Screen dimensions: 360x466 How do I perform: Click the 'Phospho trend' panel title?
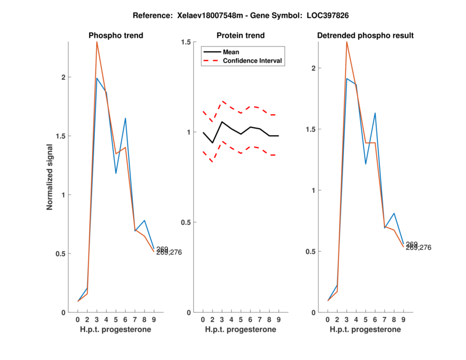pos(116,36)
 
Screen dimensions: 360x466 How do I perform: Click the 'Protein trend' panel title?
pos(240,36)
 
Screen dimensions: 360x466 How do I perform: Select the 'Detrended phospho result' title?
pos(365,36)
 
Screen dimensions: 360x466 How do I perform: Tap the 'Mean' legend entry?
pos(231,52)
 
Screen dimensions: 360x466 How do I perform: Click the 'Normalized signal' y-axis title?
pos(51,177)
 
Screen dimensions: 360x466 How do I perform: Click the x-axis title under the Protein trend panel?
pos(240,330)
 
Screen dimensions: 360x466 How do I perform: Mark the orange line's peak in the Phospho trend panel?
pos(97,42)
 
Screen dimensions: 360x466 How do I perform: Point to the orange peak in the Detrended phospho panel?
pos(347,42)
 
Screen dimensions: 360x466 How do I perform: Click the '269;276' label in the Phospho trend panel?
pos(171,252)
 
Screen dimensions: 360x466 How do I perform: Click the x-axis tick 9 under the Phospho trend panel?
pos(154,319)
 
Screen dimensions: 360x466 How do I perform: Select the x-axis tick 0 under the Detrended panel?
pos(327,319)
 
